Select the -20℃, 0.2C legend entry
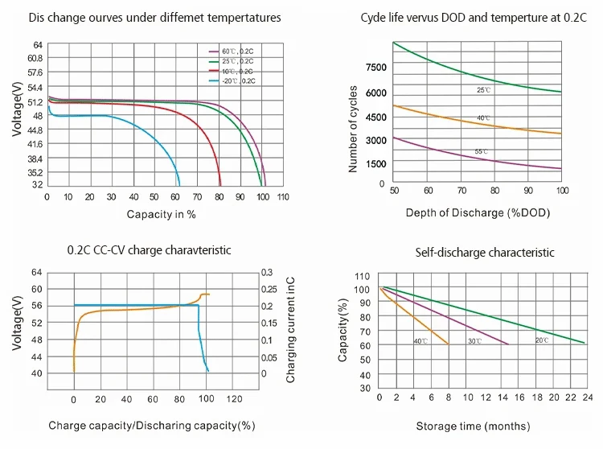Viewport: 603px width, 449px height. [237, 81]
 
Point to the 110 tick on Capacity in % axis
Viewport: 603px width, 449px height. [283, 197]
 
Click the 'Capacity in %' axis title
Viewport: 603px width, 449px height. [161, 214]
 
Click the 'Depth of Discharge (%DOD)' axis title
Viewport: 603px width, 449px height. [478, 212]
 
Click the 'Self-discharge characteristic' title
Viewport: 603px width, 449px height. [484, 253]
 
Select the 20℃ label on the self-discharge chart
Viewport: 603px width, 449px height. [542, 341]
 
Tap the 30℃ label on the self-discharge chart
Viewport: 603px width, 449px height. [475, 342]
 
